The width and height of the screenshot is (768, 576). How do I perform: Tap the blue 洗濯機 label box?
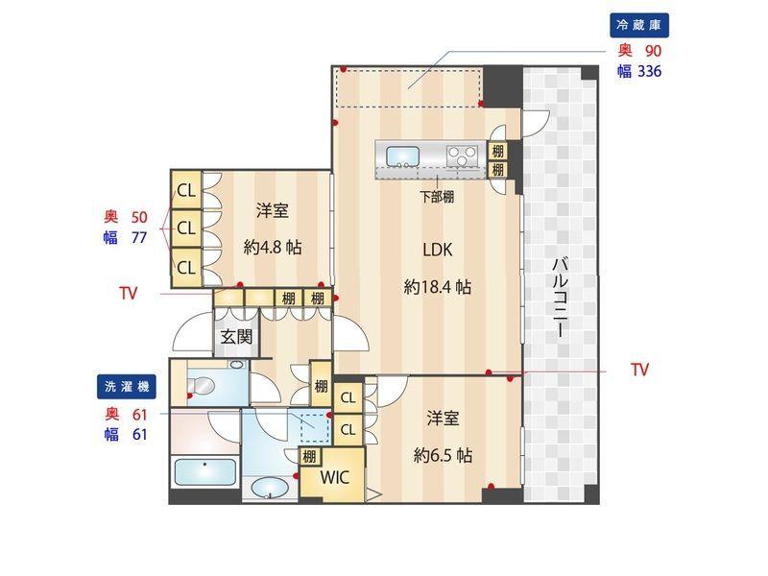click(x=128, y=387)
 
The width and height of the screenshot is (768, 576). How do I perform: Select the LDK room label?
click(x=437, y=251)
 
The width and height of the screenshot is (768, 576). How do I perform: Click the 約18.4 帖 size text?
click(x=437, y=286)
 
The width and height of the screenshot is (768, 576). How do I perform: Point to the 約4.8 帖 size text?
click(x=273, y=247)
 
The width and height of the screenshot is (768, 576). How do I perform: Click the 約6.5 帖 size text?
click(x=443, y=454)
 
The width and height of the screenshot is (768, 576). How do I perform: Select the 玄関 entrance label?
click(x=236, y=337)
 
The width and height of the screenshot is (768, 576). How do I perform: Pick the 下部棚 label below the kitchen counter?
click(x=437, y=197)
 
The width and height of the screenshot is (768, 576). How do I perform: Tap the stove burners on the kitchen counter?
click(x=463, y=154)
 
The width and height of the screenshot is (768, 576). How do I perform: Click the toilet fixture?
click(x=202, y=387)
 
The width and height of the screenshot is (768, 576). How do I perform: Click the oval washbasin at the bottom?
click(x=269, y=488)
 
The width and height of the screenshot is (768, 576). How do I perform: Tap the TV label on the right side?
click(x=640, y=370)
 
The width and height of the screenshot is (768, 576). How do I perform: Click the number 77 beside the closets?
click(x=138, y=237)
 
